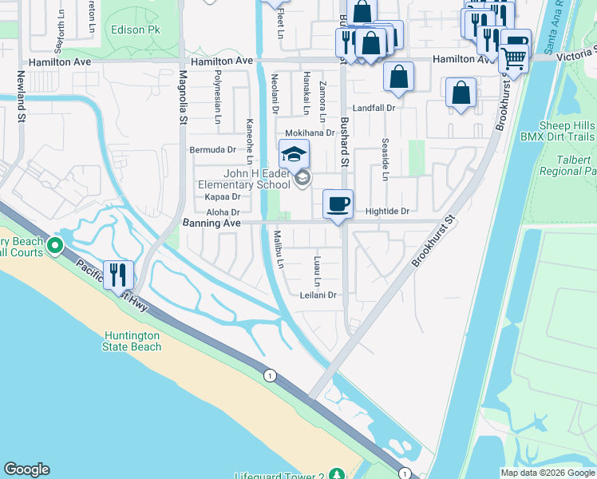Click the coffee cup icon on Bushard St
(338, 204)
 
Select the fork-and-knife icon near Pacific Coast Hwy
(119, 275)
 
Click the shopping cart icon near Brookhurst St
(514, 57)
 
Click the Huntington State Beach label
(132, 341)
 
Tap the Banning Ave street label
(212, 224)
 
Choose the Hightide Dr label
(386, 212)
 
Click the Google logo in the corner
(26, 469)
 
